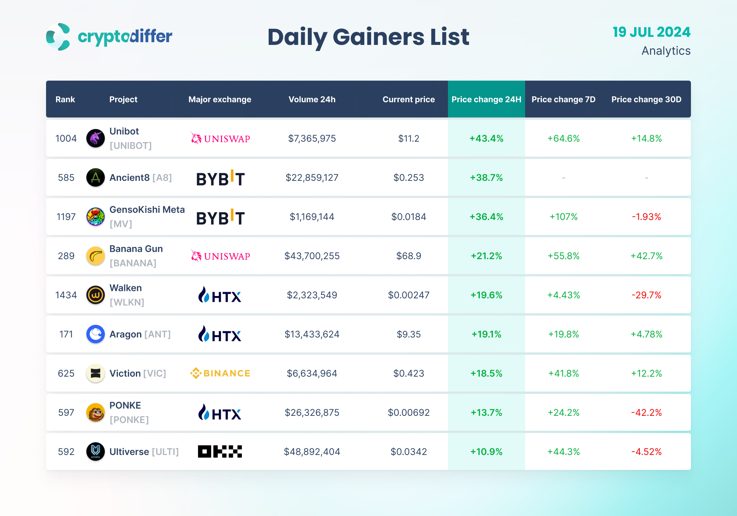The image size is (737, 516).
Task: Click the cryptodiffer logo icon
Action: click(x=58, y=37)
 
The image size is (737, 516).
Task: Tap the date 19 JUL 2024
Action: click(x=651, y=32)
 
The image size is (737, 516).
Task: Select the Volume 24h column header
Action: click(x=312, y=99)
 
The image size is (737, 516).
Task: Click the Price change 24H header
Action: click(x=486, y=99)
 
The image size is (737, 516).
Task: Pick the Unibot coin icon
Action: click(x=96, y=138)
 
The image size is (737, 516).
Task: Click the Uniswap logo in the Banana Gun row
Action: click(x=220, y=256)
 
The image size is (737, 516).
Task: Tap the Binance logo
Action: click(x=220, y=373)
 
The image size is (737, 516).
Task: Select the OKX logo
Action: click(x=220, y=451)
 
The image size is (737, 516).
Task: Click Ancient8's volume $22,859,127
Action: click(x=312, y=178)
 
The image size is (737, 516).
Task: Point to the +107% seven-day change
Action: click(x=563, y=217)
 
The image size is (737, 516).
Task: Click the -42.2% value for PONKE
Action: click(x=646, y=413)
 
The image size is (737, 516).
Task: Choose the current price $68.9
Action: click(x=408, y=256)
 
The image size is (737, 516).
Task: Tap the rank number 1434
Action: click(x=66, y=295)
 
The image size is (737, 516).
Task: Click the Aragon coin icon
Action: click(x=96, y=334)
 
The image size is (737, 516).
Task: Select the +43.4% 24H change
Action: click(x=486, y=139)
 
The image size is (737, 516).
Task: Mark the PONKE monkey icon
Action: click(x=96, y=412)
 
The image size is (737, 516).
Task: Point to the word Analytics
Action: click(x=666, y=51)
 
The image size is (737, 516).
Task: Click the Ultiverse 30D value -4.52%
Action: click(x=646, y=452)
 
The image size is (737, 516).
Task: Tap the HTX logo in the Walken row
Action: click(x=220, y=295)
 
